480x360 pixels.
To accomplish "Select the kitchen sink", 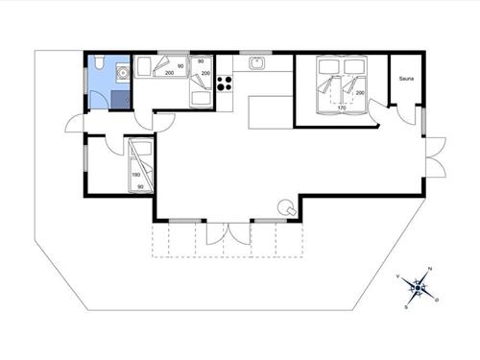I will click(x=258, y=64).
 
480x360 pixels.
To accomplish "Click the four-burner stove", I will click(x=226, y=84).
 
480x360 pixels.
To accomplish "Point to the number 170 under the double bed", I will click(x=342, y=108).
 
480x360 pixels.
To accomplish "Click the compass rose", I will click(x=419, y=286).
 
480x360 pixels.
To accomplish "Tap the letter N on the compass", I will click(x=430, y=269).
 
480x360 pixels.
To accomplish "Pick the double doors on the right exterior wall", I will click(x=433, y=157).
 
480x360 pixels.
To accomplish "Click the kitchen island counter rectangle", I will click(x=270, y=110).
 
